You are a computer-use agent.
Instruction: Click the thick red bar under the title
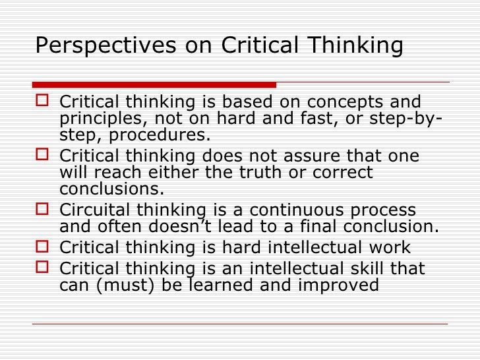(x=154, y=84)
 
